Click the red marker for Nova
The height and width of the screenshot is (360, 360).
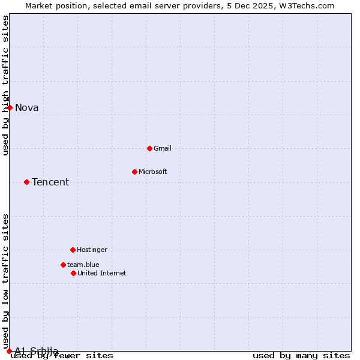point(10,107)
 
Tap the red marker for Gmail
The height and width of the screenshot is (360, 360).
point(149,148)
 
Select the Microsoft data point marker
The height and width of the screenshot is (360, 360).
point(134,172)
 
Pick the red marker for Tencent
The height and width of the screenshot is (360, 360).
point(26,182)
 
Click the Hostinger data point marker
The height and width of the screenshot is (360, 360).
point(73,250)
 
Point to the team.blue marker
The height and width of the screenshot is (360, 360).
point(63,265)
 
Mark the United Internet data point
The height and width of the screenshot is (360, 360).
point(73,273)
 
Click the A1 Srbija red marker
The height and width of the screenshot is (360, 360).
point(9,351)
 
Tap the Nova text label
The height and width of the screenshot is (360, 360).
point(27,108)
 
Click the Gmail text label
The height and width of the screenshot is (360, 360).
point(163,148)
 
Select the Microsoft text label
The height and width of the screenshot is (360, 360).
point(153,172)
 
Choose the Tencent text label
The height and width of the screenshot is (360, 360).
point(50,182)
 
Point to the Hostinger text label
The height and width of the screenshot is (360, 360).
point(92,250)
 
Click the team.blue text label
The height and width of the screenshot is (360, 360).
point(83,265)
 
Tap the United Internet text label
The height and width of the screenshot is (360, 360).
point(102,273)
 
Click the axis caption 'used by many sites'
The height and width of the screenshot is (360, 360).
point(301,356)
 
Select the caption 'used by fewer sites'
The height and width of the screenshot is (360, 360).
point(62,356)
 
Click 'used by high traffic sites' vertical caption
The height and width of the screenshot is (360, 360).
point(6,85)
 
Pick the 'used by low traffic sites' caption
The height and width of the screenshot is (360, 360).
point(6,281)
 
